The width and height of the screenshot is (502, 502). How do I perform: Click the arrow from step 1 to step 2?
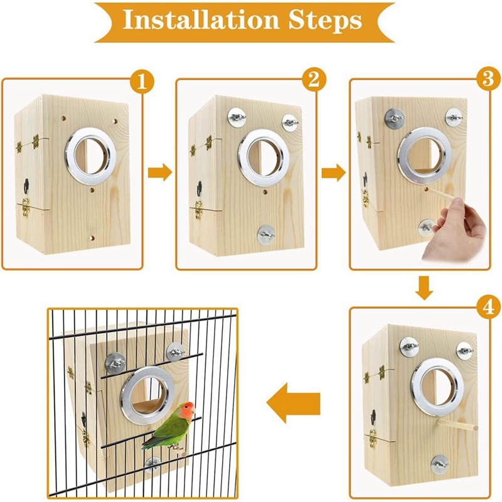pyautogui.click(x=160, y=173)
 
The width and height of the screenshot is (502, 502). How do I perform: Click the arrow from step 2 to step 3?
pyautogui.click(x=333, y=173)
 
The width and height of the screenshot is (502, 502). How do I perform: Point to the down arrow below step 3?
pyautogui.click(x=425, y=287)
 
